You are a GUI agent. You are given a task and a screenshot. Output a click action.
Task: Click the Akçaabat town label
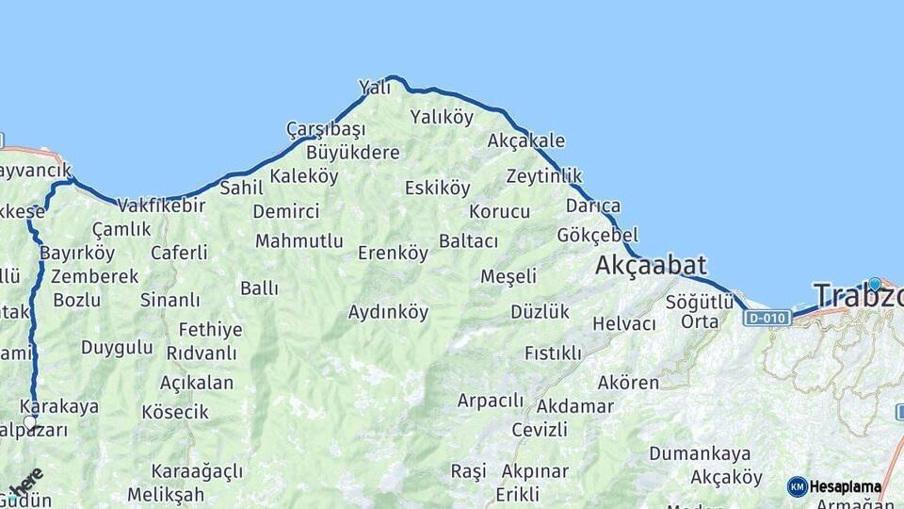coord(651,267)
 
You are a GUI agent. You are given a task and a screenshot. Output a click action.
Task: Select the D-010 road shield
coord(766,318)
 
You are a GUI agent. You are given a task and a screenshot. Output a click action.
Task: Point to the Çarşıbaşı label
coord(325,128)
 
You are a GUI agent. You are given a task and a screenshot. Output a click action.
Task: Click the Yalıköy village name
coord(442,117)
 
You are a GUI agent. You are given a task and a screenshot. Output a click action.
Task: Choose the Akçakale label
coord(526,140)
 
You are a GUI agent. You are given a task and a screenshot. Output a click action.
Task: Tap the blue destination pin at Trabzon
coord(875,284)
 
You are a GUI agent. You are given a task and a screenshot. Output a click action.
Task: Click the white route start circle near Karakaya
coord(30,422)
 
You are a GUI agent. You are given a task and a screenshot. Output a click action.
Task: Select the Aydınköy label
coord(388,311)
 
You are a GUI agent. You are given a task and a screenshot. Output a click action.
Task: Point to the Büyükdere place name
coord(353,152)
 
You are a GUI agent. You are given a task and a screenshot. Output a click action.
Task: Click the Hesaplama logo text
coord(846,487)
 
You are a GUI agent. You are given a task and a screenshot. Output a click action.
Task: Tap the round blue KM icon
coord(797,487)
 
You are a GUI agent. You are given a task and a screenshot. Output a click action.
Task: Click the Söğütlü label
coord(699,302)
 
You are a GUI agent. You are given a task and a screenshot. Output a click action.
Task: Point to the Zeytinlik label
coord(543,176)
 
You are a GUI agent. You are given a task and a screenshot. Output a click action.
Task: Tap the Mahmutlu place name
coord(299,241)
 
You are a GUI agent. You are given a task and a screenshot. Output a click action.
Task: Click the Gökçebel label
coord(597,235)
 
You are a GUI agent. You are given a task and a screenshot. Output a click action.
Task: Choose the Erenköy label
coord(393,253)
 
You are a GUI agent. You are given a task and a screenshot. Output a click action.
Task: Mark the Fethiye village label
coord(210,330)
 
